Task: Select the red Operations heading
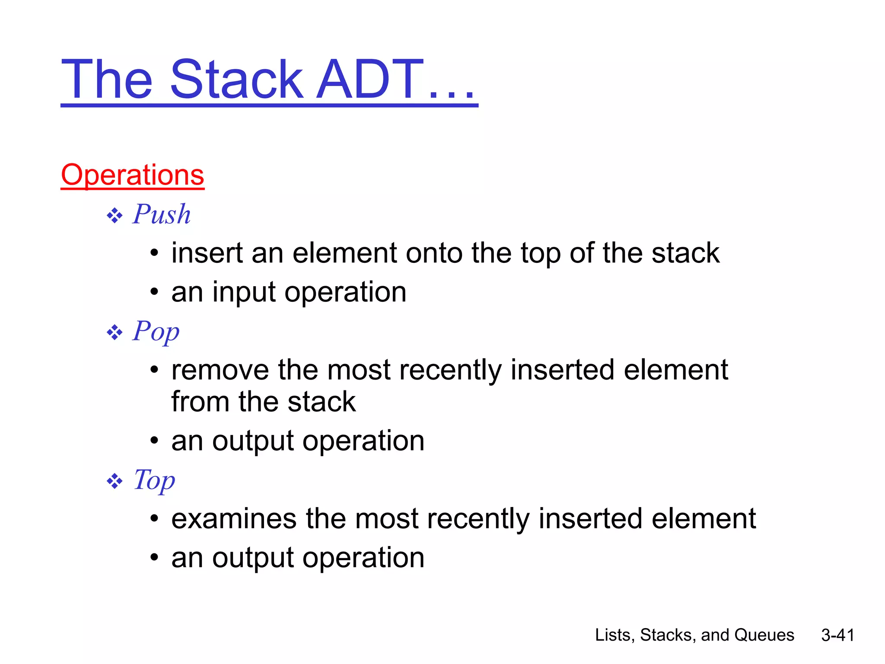coord(132,175)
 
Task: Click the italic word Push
coord(162,214)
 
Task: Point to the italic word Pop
coord(156,332)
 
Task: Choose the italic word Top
coord(154,480)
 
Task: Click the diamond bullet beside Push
coord(115,215)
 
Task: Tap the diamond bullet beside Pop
coord(115,332)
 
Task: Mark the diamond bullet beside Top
coord(115,481)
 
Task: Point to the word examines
coord(234,519)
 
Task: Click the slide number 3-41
coord(837,635)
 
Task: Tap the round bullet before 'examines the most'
coord(154,519)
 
